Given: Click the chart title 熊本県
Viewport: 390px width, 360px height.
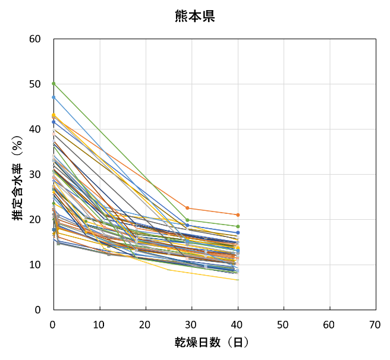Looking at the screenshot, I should pos(194,16).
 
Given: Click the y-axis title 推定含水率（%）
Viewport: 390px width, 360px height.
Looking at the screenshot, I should pos(18,174).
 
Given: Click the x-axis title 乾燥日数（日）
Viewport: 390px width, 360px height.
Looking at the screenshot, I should pos(211,343).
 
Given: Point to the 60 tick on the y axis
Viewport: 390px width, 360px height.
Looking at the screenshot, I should pos(36,39).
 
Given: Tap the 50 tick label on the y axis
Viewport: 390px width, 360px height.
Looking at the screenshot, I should pos(36,84).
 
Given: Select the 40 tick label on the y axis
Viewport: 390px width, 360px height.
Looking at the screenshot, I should pos(36,130).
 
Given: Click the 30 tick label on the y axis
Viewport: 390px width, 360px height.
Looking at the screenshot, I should pos(36,175).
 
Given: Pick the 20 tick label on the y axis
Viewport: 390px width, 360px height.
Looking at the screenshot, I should pos(36,220).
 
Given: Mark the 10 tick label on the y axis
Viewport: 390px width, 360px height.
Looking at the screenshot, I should pos(36,265).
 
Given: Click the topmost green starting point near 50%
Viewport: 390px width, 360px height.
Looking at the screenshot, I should pos(54,84).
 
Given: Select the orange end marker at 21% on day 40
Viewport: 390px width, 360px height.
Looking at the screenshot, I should pos(238,214).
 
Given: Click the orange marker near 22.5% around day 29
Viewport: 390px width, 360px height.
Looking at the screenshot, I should pos(187,208).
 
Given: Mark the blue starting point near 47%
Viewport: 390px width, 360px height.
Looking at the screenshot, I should pos(54,97).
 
